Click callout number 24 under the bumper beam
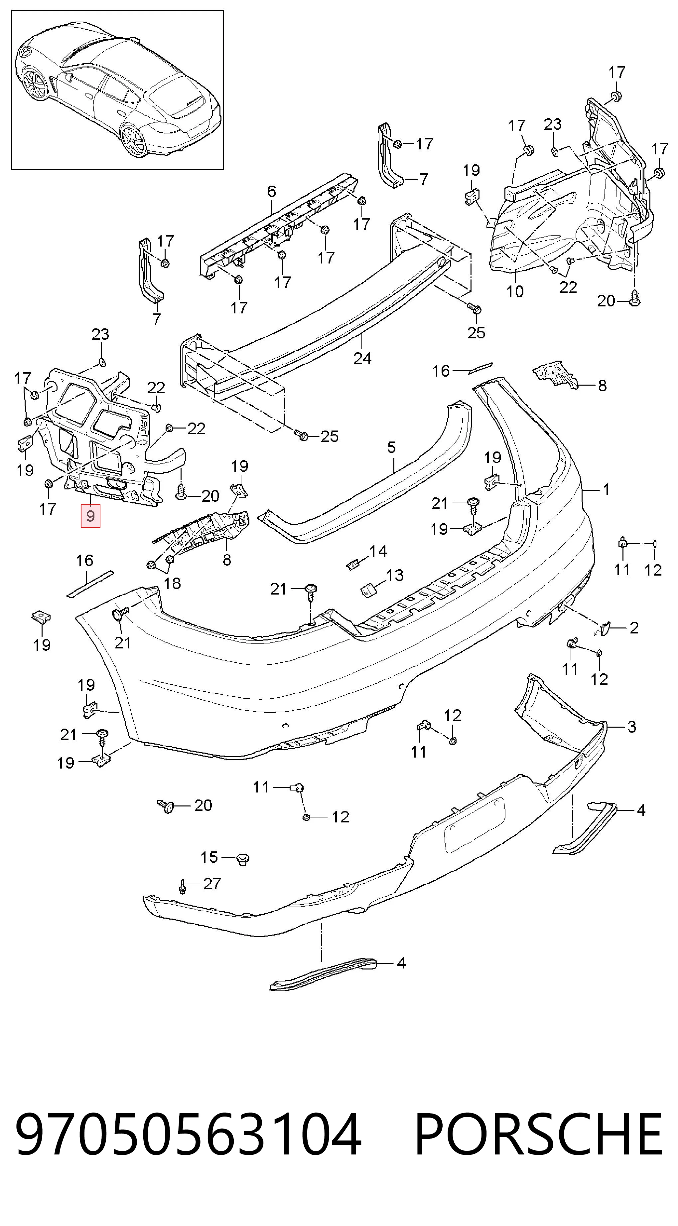pos(362,358)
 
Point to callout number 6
pos(272,191)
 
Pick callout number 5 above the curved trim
pos(391,447)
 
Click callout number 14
pos(378,551)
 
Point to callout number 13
pos(395,575)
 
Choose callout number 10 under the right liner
pos(515,291)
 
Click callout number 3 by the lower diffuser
pos(631,727)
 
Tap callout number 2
pos(634,628)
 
